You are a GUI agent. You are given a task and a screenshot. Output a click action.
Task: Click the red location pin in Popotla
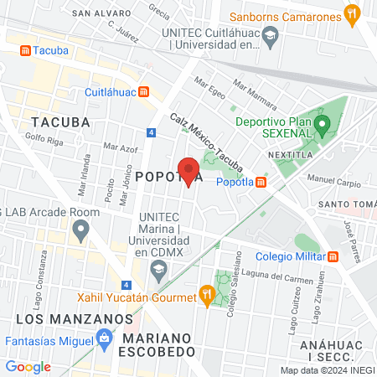click(189, 171)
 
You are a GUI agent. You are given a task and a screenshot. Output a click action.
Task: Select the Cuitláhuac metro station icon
click(145, 92)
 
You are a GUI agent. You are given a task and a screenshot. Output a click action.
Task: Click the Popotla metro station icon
click(261, 183)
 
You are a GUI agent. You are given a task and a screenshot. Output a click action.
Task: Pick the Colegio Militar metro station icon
click(333, 256)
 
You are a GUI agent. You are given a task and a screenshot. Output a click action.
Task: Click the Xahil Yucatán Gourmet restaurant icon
click(205, 294)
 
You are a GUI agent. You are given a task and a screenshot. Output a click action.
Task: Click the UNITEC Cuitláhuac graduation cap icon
click(270, 36)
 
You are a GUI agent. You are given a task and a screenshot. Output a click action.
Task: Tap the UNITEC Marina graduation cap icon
click(157, 269)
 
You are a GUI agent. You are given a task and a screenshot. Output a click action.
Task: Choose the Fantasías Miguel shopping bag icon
click(104, 340)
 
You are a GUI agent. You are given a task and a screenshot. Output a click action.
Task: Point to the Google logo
click(28, 366)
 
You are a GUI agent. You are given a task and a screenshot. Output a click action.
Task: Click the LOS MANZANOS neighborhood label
click(75, 319)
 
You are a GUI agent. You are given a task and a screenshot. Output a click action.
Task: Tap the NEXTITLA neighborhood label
click(291, 156)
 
